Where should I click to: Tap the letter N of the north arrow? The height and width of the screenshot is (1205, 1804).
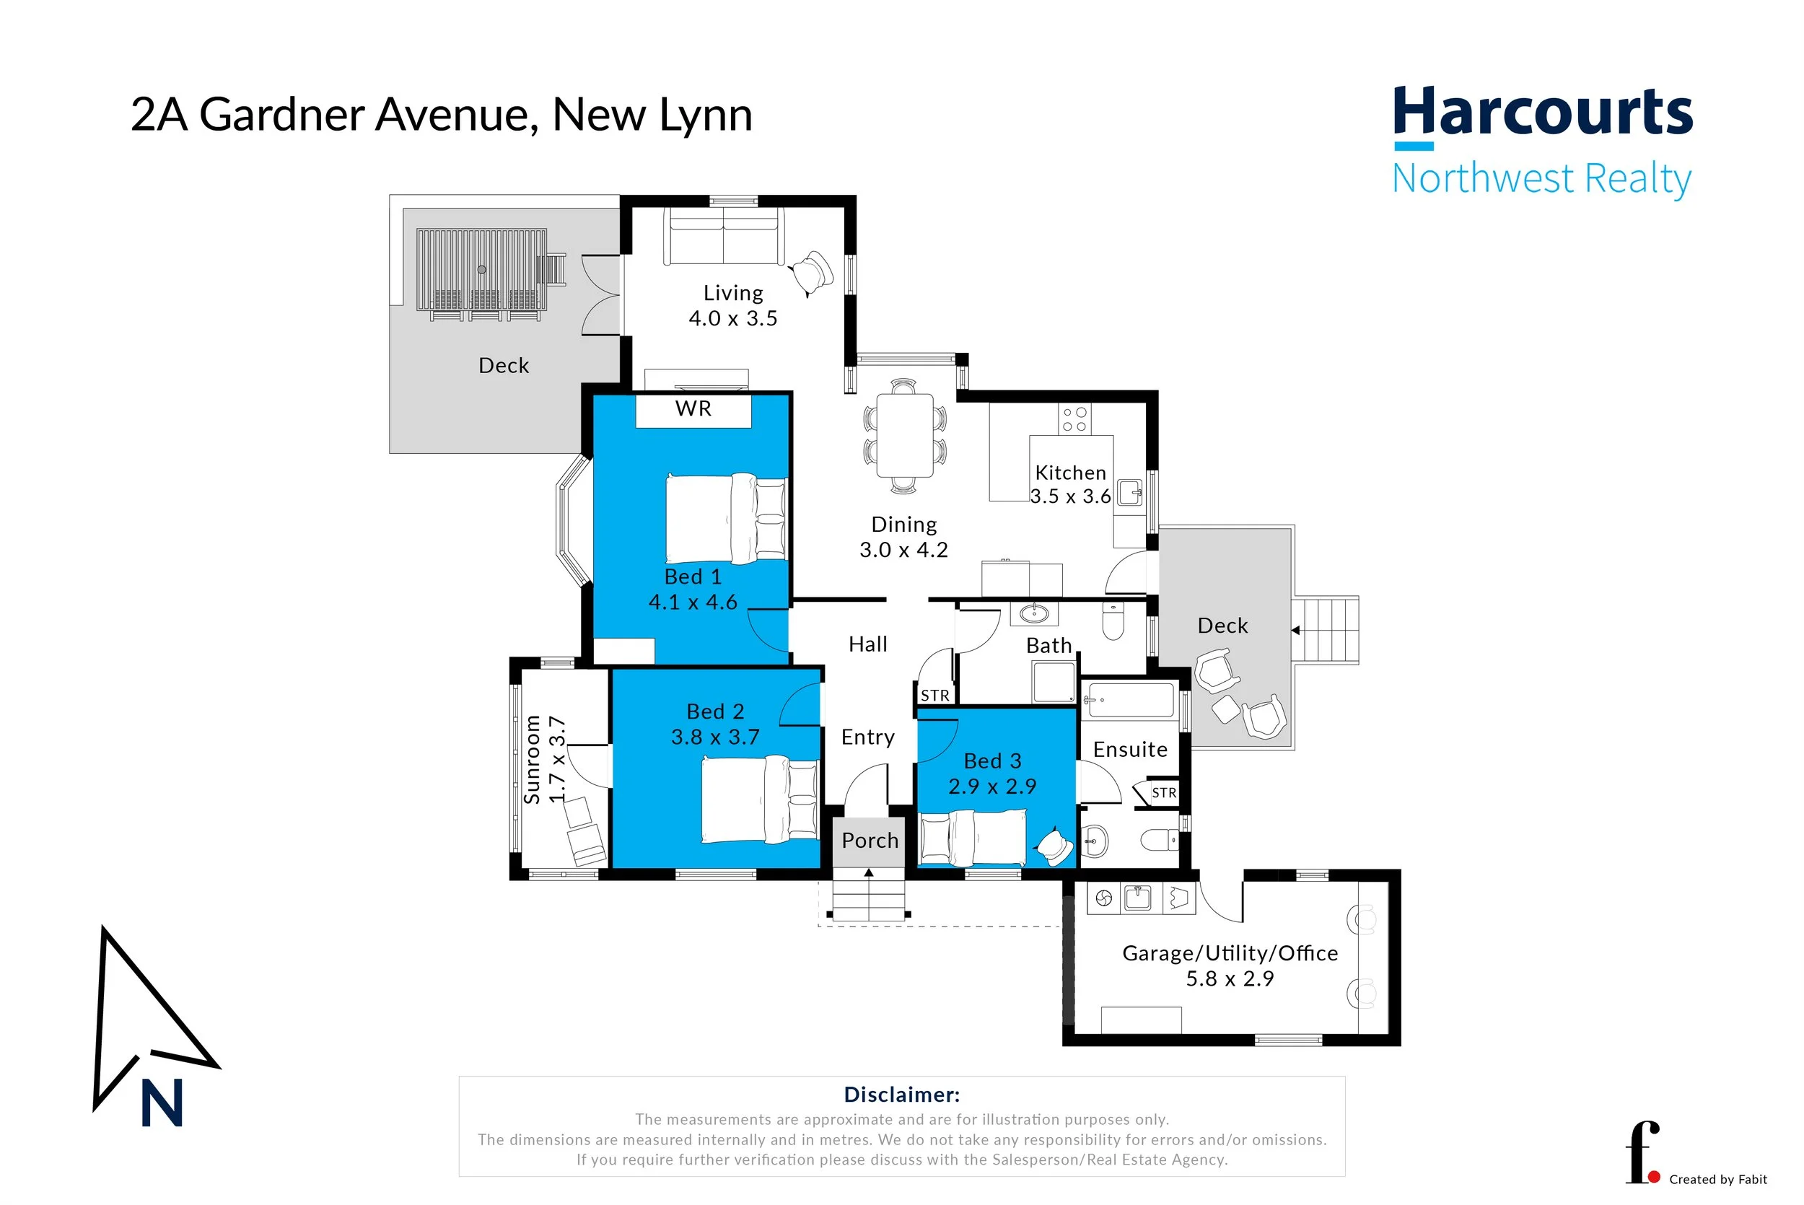click(x=162, y=1103)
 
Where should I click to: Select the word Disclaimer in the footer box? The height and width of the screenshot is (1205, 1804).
click(x=901, y=1095)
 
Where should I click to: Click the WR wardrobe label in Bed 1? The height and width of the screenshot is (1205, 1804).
click(x=693, y=409)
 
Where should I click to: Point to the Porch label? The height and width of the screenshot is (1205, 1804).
click(x=870, y=841)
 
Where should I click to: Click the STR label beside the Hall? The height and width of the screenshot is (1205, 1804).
click(x=935, y=696)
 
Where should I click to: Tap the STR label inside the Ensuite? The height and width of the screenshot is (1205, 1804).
click(x=1163, y=793)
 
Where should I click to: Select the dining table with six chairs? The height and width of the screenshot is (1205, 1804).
click(x=904, y=435)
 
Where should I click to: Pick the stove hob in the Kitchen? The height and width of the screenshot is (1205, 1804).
click(x=1074, y=420)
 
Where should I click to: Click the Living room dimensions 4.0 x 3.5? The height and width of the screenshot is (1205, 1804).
click(x=732, y=319)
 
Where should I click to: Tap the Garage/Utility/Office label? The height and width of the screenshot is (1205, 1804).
click(x=1230, y=954)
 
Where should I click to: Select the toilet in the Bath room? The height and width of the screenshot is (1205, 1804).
click(x=1113, y=621)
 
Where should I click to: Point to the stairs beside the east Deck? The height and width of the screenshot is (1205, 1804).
click(x=1326, y=630)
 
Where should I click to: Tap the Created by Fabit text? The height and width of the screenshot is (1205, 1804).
click(x=1718, y=1180)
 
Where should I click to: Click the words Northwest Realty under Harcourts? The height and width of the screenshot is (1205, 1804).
click(x=1541, y=178)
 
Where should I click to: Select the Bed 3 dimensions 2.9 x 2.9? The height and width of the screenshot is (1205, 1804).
click(x=992, y=786)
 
